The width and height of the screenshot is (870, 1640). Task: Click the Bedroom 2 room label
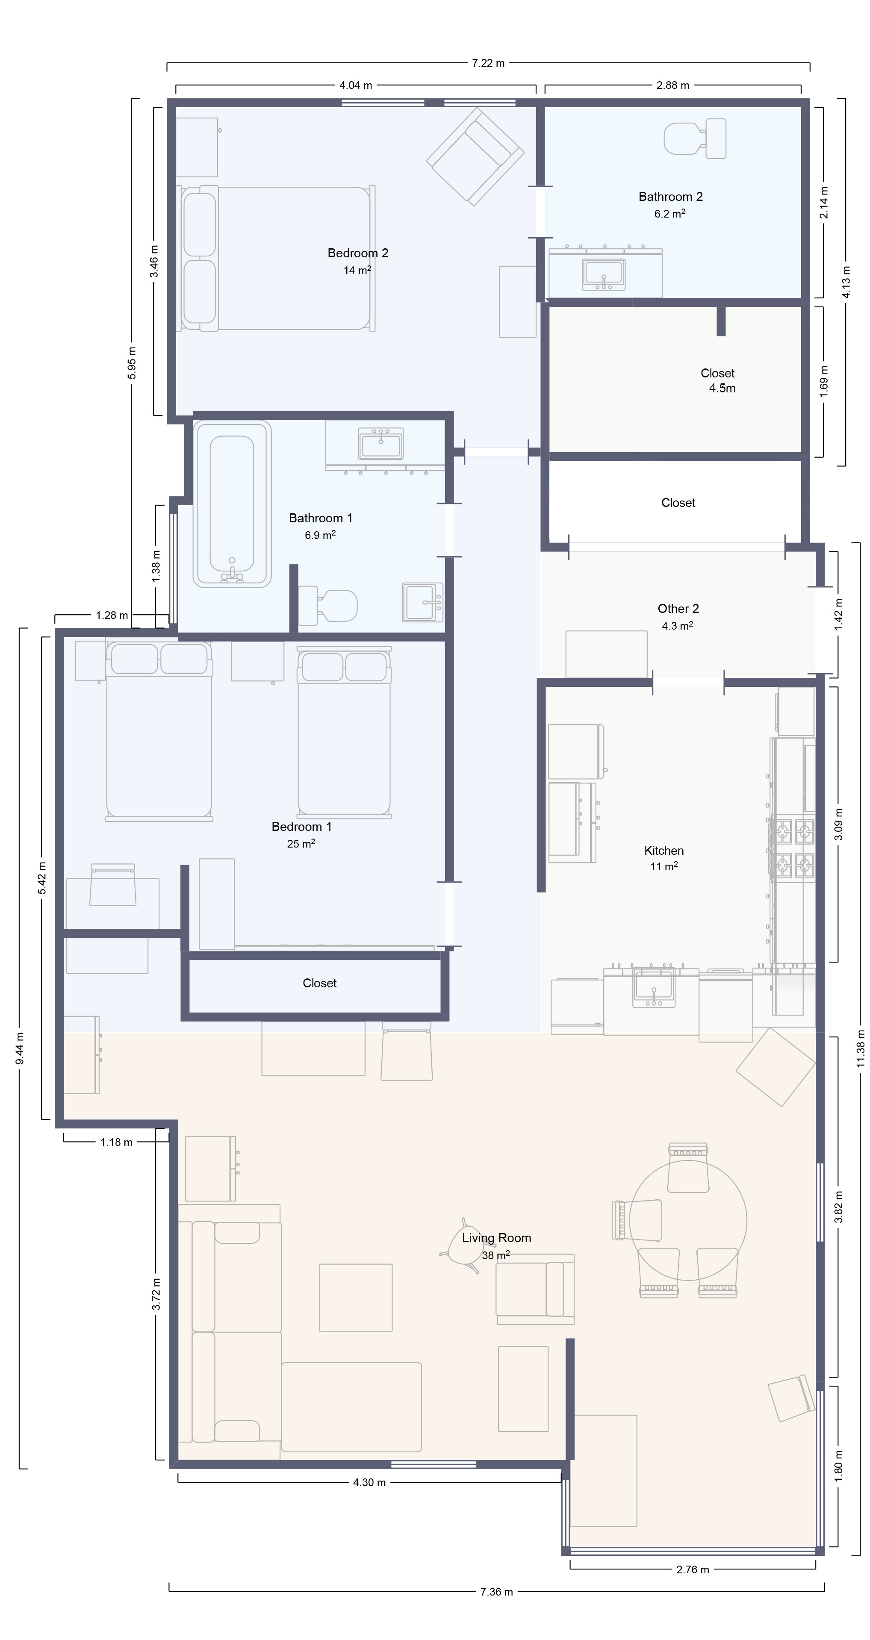pyautogui.click(x=358, y=253)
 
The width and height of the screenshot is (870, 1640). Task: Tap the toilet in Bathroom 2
pyautogui.click(x=695, y=138)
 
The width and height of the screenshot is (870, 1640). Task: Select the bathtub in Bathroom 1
pyautogui.click(x=233, y=503)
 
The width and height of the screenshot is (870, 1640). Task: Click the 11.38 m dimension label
pyautogui.click(x=861, y=1053)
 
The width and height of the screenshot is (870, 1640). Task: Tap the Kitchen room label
pyautogui.click(x=664, y=851)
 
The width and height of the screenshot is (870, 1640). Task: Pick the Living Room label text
pyautogui.click(x=496, y=1238)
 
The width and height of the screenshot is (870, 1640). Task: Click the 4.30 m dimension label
pyautogui.click(x=369, y=1482)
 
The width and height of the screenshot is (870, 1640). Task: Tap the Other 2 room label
pyautogui.click(x=678, y=609)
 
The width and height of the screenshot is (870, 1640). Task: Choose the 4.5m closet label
pyautogui.click(x=722, y=389)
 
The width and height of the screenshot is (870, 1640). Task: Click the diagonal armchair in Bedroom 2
pyautogui.click(x=475, y=156)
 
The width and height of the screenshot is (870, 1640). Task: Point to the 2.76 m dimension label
pyautogui.click(x=692, y=1569)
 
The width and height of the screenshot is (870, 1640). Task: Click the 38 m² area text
pyautogui.click(x=495, y=1255)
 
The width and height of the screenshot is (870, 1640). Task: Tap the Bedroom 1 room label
pyautogui.click(x=301, y=826)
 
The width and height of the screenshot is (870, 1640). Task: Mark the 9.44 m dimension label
pyautogui.click(x=21, y=1048)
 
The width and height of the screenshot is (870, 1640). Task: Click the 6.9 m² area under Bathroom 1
pyautogui.click(x=320, y=535)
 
